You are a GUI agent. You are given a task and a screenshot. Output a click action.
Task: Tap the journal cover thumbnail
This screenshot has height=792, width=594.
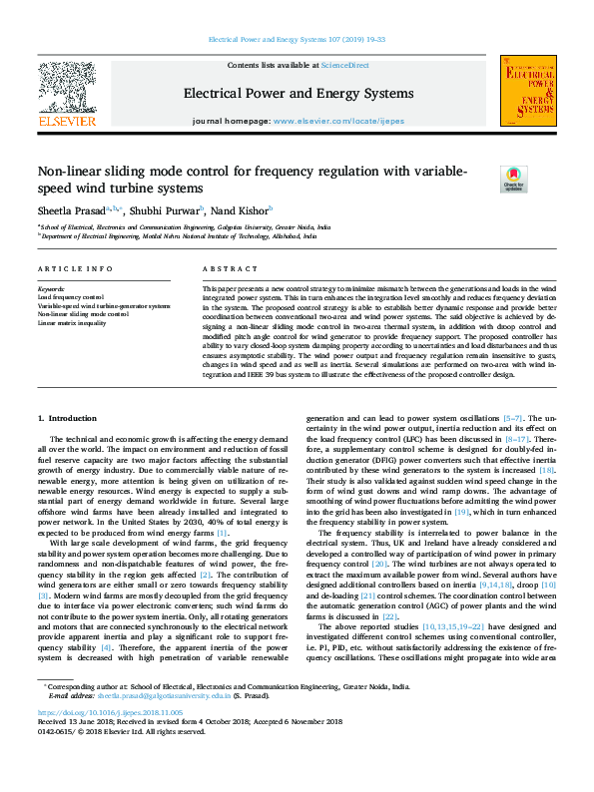[528, 92]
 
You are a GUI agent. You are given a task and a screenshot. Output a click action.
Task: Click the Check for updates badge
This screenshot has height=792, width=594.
[513, 179]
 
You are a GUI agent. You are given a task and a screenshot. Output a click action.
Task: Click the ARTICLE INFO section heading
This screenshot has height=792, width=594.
[75, 270]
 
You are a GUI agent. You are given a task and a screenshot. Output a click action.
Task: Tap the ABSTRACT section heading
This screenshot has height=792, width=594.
[224, 270]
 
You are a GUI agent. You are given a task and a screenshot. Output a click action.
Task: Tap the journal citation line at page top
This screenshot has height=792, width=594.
[297, 40]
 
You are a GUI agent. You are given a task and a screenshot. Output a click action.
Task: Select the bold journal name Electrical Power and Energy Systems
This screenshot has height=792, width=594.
[297, 94]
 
